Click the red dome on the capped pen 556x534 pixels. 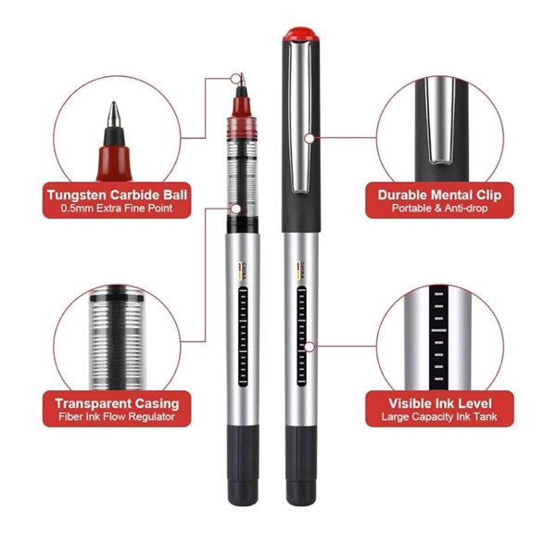point(300,34)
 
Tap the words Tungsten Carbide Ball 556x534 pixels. point(117,195)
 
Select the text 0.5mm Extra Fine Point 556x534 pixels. point(117,209)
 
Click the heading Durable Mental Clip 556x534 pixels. point(439,195)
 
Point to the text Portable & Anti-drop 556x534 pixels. point(439,209)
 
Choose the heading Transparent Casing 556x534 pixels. point(117,403)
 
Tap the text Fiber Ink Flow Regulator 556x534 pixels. point(117,416)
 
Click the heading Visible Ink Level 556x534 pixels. point(440,403)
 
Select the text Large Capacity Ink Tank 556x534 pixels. point(439,416)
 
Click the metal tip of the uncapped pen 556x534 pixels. point(242,80)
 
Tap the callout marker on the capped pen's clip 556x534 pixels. point(310,138)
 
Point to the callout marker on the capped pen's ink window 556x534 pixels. point(310,347)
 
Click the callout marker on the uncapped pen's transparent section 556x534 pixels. point(235,209)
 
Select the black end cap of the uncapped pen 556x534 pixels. point(243,465)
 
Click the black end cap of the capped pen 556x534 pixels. point(301,465)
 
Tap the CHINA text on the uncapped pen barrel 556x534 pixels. point(244,271)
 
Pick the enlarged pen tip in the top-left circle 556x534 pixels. point(114,142)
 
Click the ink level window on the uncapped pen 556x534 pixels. point(243,337)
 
